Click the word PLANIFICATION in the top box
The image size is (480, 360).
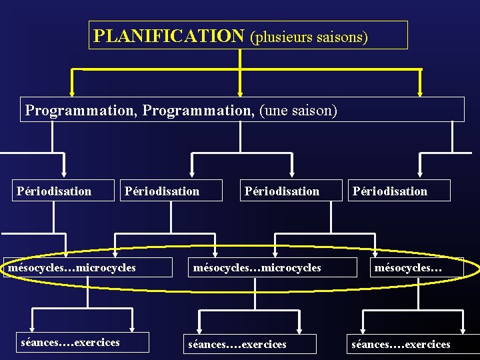[x=169, y=35]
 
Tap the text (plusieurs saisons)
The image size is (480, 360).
[x=308, y=36]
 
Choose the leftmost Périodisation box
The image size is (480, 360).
[x=54, y=191]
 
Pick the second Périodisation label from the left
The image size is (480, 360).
[x=162, y=191]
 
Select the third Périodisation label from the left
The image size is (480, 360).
[x=282, y=191]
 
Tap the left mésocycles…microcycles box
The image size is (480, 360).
[x=72, y=267]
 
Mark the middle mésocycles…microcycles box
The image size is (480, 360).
[x=257, y=267]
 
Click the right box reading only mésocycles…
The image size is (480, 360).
[x=408, y=267]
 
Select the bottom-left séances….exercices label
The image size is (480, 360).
[x=70, y=343]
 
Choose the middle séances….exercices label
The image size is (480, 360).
[x=237, y=344]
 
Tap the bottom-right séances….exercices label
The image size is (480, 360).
[x=401, y=344]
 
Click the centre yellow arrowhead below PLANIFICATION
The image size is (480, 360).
[x=240, y=93]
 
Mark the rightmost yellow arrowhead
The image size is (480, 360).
[x=420, y=93]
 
